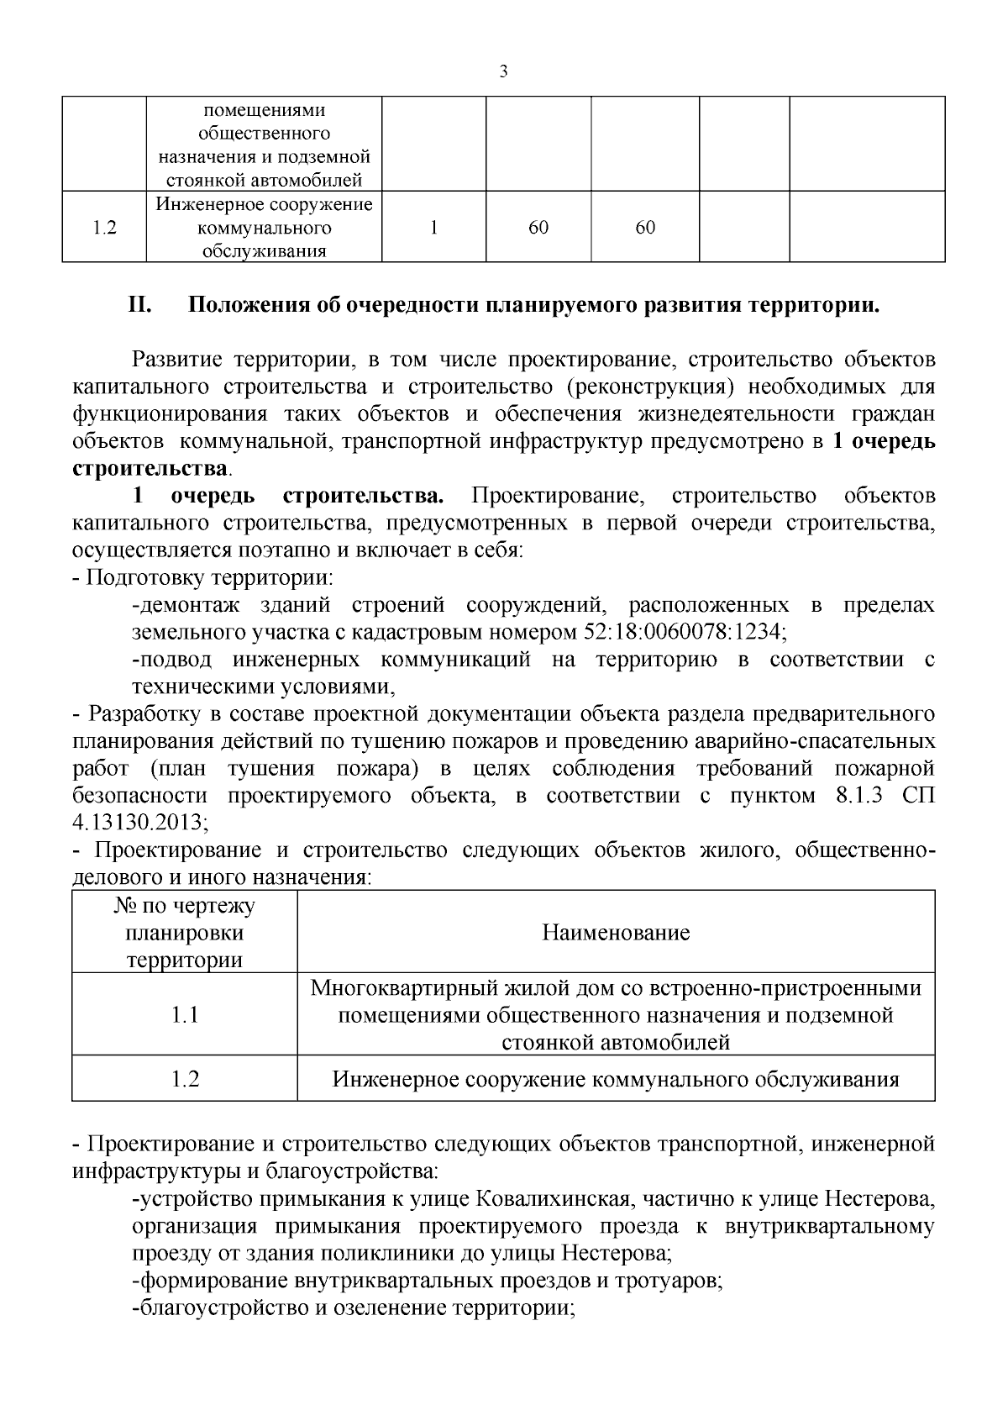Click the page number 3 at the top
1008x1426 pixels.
pos(503,71)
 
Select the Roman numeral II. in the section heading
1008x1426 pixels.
pos(139,304)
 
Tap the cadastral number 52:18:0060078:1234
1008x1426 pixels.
pos(684,631)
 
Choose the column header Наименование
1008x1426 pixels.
pos(616,932)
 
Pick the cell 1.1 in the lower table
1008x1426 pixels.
pos(184,1014)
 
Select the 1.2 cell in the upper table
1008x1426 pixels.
pos(104,228)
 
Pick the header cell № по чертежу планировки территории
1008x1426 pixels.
pos(184,932)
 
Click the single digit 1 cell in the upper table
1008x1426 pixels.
pos(433,228)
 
